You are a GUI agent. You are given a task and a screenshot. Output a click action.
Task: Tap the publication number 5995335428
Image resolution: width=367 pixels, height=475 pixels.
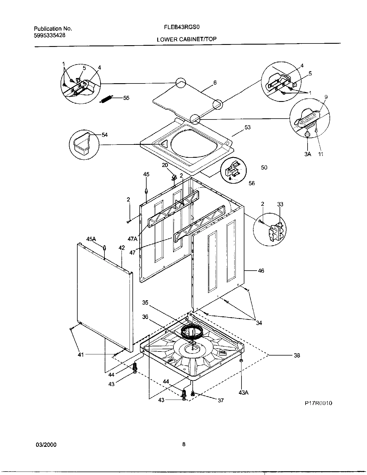pyautogui.click(x=49, y=35)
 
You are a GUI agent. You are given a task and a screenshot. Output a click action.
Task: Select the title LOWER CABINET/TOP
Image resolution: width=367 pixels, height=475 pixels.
pyautogui.click(x=186, y=39)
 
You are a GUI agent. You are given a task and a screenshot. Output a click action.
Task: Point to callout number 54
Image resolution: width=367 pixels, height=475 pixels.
pyautogui.click(x=104, y=135)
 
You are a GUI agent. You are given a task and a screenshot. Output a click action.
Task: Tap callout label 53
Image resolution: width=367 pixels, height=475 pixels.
pyautogui.click(x=248, y=127)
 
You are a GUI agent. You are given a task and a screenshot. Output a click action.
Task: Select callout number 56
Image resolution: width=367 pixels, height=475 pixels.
pyautogui.click(x=252, y=183)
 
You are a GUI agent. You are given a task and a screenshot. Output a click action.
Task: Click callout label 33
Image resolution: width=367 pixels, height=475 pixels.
pyautogui.click(x=280, y=204)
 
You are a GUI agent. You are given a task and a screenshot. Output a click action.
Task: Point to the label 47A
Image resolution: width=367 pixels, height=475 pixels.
pyautogui.click(x=133, y=238)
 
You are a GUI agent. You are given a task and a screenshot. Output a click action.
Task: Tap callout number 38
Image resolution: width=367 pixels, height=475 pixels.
pyautogui.click(x=297, y=355)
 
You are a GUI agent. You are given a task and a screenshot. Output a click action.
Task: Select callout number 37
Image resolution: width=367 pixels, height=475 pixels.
pyautogui.click(x=220, y=400)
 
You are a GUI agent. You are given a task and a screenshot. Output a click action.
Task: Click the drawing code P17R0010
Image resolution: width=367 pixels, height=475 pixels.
pyautogui.click(x=319, y=403)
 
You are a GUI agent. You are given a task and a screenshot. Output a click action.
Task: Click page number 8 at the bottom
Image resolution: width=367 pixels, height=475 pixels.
pyautogui.click(x=183, y=444)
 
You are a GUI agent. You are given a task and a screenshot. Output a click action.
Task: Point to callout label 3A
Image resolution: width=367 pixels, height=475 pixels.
pyautogui.click(x=308, y=154)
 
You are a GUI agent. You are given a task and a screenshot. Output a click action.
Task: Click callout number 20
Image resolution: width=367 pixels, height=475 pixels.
pyautogui.click(x=164, y=165)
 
